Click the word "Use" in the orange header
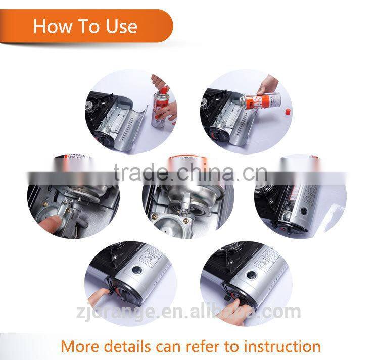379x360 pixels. pyautogui.click(x=117, y=26)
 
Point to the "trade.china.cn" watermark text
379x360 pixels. pyautogui.click(x=189, y=174)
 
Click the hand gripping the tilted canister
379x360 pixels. pyautogui.click(x=268, y=86)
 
